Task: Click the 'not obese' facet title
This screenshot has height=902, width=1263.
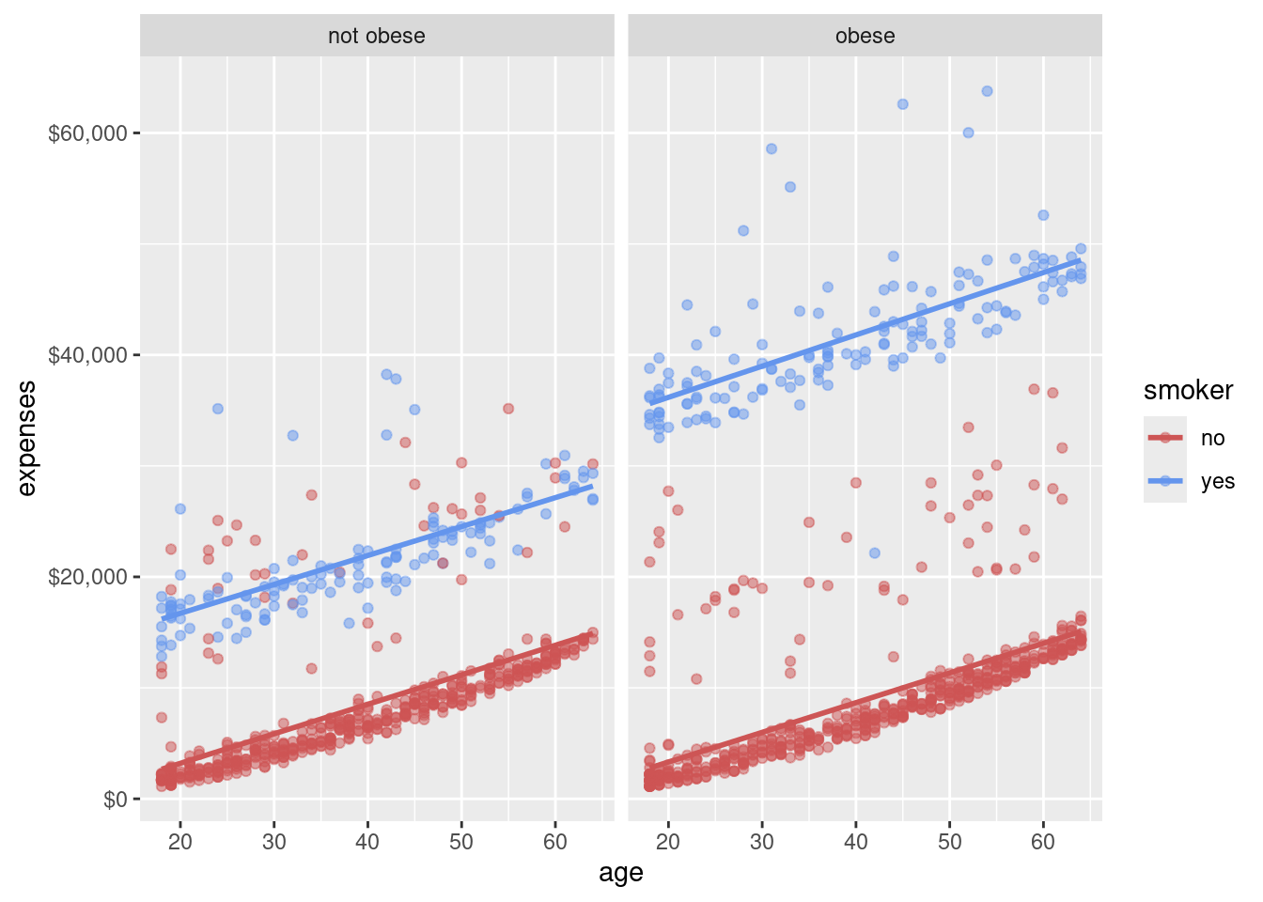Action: click(376, 36)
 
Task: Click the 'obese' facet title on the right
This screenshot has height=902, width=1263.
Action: click(865, 36)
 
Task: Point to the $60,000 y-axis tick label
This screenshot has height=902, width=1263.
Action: click(87, 132)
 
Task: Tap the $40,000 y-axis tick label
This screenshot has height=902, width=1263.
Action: click(87, 355)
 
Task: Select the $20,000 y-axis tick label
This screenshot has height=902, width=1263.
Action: click(87, 577)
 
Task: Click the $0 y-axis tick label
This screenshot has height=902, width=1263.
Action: click(114, 800)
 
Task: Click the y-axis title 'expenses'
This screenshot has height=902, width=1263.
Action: click(27, 438)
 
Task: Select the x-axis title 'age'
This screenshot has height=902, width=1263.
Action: click(620, 873)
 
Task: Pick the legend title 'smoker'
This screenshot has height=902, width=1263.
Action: click(1188, 391)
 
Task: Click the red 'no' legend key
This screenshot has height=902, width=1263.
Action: click(1165, 438)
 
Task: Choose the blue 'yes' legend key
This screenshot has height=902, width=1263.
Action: click(1165, 481)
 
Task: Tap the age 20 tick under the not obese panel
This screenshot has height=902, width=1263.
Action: click(180, 841)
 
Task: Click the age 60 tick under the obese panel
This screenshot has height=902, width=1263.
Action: click(1043, 841)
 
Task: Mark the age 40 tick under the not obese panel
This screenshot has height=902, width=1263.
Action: click(367, 841)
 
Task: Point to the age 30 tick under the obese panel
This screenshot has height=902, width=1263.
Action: click(762, 841)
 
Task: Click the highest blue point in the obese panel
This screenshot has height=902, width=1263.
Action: click(987, 91)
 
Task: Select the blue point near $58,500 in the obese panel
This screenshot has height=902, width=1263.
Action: click(772, 148)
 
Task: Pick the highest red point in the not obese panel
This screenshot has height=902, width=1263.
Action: click(508, 409)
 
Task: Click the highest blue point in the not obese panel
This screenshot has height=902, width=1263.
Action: click(386, 374)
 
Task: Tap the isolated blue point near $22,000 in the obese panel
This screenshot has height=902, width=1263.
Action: click(875, 553)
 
